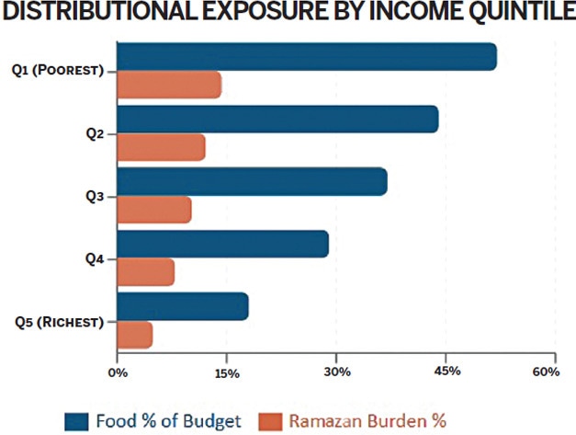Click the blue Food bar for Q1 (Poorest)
[x=306, y=57]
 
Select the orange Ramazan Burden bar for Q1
[x=169, y=86]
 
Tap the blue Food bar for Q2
[x=277, y=120]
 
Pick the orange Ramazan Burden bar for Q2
[x=161, y=148]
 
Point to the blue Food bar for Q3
[x=252, y=182]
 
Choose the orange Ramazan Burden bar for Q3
[x=154, y=211]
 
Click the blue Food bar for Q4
[x=222, y=245]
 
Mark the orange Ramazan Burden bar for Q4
[x=145, y=273]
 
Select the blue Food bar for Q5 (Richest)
[x=182, y=307]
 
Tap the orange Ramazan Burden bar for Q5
[x=134, y=336]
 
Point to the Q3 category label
[x=95, y=196]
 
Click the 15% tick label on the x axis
[x=227, y=372]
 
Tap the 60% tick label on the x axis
[x=546, y=372]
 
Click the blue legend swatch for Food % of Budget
[x=74, y=420]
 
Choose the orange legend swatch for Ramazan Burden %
[x=269, y=420]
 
